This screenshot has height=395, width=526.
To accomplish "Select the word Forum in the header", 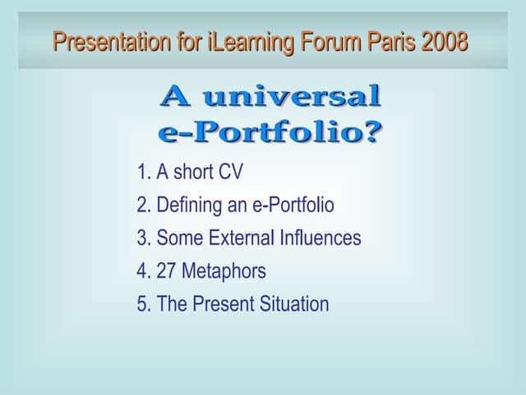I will (318, 40).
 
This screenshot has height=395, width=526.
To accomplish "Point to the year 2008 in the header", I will (445, 40).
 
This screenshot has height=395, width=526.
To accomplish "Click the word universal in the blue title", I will (292, 97).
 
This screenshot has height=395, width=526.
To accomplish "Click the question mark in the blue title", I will (371, 132).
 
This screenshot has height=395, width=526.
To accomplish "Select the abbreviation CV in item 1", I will (230, 173).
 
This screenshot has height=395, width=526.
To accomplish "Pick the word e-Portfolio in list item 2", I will (293, 206).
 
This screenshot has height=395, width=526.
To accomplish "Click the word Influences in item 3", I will (320, 239).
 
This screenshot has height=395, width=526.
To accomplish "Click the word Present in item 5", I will (223, 304).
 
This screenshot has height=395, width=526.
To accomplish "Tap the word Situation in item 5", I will (294, 304).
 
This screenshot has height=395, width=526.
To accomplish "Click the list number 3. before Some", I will (144, 239).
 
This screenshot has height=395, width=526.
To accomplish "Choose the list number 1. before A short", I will (144, 173).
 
